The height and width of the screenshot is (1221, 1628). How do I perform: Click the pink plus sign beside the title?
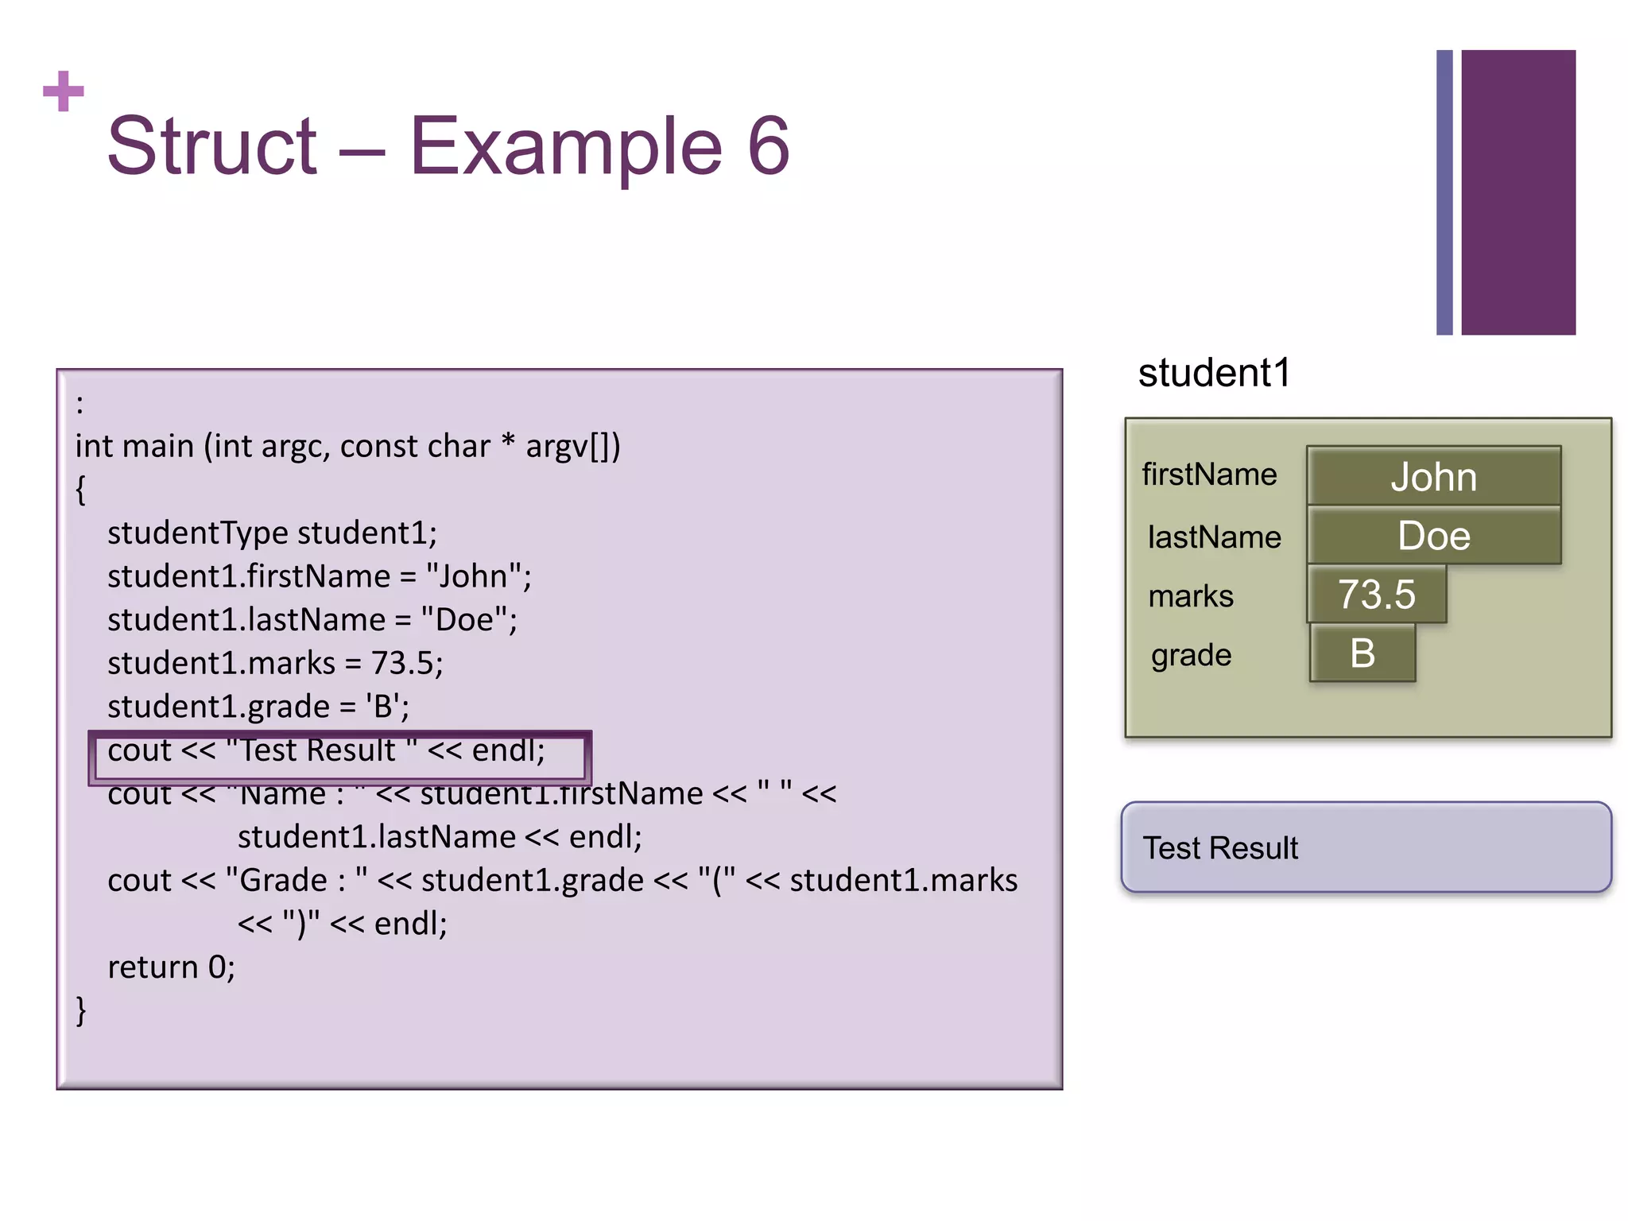coord(64,91)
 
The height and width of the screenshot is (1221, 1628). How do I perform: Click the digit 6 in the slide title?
coord(768,146)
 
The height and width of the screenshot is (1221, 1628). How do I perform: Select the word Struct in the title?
coord(212,146)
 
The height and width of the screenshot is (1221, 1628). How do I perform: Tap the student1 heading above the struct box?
coord(1214,373)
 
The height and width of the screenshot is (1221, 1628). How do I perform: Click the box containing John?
coord(1433,477)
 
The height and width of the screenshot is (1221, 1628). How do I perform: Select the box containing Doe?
coord(1433,536)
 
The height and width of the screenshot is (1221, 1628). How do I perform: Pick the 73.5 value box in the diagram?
coord(1376,595)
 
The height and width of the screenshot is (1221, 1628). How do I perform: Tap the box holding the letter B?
coord(1362,653)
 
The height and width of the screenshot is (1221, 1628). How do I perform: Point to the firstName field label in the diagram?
coord(1209,475)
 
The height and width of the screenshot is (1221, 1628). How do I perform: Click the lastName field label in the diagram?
coord(1214,537)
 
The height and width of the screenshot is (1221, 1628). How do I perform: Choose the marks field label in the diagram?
coord(1191,596)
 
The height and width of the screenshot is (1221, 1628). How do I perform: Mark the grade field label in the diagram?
coord(1191,656)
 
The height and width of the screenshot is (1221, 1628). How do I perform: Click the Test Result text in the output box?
coord(1220,848)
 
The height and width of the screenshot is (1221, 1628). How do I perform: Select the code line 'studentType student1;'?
coord(272,533)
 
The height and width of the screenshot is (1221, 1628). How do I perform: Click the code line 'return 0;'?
coord(171,967)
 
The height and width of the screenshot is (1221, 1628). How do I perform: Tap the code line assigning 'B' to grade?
coord(258,707)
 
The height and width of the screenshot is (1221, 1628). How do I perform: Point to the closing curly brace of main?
coord(80,1010)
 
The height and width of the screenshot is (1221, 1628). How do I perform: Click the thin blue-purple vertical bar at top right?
coord(1444,192)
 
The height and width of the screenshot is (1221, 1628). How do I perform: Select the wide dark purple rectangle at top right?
coord(1518,192)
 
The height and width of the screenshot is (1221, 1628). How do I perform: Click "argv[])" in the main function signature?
coord(572,447)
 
